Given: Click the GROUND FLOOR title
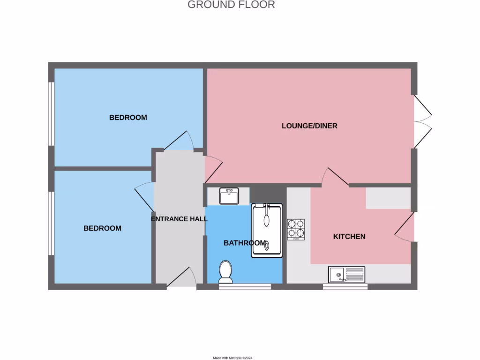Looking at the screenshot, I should coord(231,5).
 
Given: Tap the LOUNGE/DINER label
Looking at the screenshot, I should coord(309,126).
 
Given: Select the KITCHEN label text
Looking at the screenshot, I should coord(349,236).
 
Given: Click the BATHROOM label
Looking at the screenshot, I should coord(245,243).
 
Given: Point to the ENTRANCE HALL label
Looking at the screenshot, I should coord(179,219).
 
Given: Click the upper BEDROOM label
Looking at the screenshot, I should coord(128,117).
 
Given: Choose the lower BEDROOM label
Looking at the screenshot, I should coord(102,228).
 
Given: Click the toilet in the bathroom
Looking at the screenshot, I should coord(225,272).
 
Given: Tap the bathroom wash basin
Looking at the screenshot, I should coord(229,195).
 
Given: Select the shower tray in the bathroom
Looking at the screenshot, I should coord(267,230).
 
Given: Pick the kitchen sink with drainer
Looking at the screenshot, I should coord(347,274).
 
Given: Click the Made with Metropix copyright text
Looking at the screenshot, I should coord(232,358).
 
